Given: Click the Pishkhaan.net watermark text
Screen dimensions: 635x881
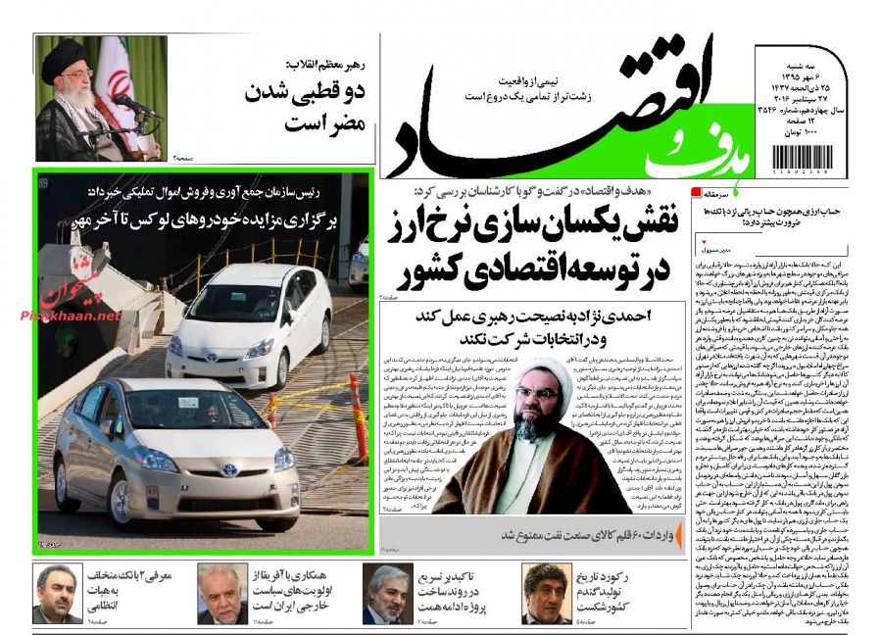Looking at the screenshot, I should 69,316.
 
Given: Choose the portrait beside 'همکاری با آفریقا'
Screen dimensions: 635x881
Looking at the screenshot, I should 221,594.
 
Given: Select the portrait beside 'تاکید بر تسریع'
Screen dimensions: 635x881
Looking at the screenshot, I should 385,594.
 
